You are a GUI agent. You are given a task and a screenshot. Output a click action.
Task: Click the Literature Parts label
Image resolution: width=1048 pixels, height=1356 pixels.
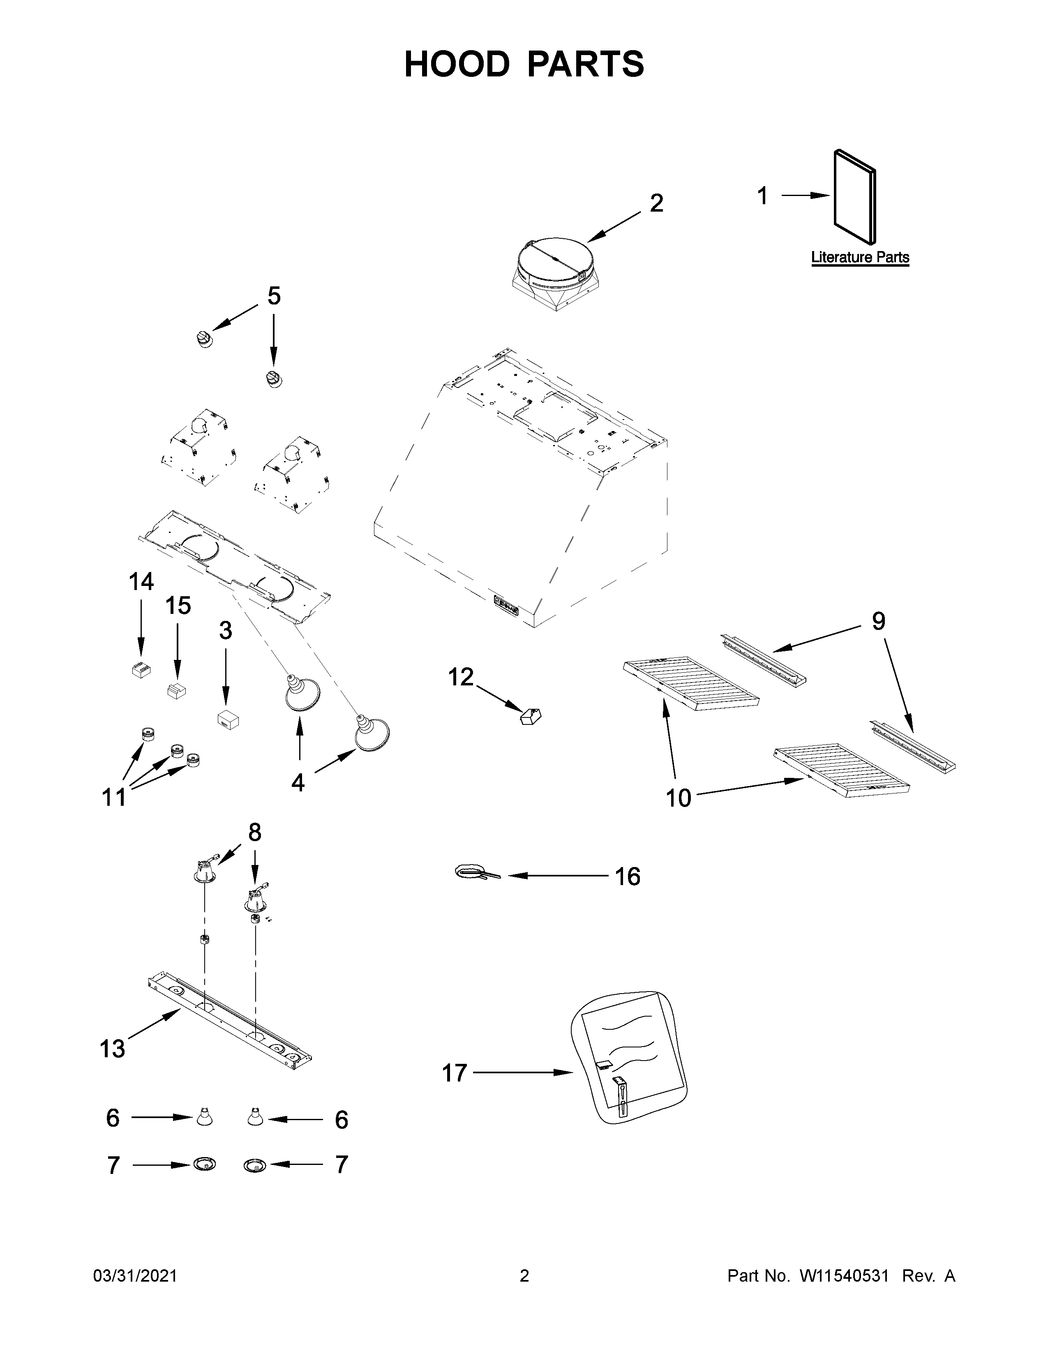[860, 257]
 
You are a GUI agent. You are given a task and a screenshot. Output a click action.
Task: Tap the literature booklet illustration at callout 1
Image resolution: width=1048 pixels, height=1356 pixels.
[855, 196]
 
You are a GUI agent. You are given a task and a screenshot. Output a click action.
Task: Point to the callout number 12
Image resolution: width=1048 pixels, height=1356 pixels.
[461, 677]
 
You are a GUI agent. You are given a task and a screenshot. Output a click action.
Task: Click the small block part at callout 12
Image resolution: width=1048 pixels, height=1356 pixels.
[531, 717]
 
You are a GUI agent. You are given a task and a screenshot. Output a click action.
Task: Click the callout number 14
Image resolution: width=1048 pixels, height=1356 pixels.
[141, 582]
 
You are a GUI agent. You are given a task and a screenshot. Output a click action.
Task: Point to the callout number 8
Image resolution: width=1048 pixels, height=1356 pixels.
[254, 832]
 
